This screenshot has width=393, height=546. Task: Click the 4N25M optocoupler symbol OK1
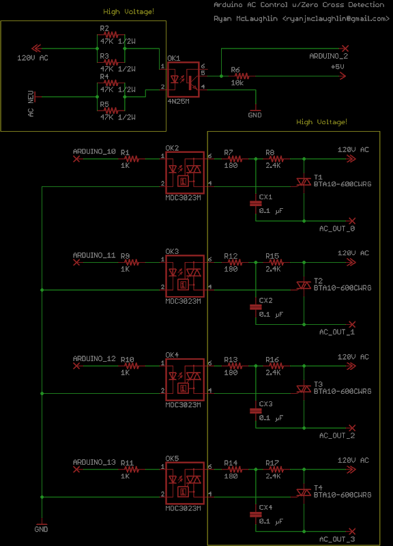184,80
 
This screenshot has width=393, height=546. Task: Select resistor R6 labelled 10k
242,76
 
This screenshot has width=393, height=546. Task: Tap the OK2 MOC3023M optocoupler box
185,173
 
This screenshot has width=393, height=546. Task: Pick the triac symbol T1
304,181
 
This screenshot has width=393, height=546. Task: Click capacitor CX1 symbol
255,203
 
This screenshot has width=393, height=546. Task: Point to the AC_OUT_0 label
337,229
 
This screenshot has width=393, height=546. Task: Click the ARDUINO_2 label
329,56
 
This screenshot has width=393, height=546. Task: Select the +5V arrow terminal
343,76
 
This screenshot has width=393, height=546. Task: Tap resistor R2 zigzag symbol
111,35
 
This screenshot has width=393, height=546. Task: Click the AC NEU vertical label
31,104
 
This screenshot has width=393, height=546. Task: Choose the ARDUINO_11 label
94,255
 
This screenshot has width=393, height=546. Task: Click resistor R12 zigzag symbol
235,262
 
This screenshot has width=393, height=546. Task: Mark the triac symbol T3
304,388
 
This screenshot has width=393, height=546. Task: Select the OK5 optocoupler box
185,483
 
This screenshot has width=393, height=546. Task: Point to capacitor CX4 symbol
255,514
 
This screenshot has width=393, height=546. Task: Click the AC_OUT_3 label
337,539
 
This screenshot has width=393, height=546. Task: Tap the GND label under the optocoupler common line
41,530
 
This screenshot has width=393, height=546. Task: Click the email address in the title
336,18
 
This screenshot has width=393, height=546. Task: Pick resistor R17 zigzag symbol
276,470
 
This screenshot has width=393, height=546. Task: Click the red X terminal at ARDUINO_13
76,470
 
